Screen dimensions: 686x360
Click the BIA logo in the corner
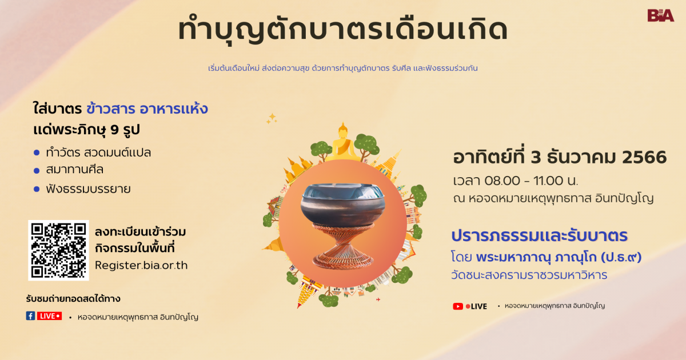tap(661, 15)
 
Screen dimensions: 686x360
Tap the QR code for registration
tap(58, 250)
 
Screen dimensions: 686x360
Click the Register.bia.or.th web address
tap(141, 265)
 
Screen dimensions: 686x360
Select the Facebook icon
tap(30, 316)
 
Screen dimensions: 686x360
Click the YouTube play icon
tap(458, 306)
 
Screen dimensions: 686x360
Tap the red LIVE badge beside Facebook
tap(49, 316)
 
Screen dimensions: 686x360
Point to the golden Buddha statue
tap(343, 142)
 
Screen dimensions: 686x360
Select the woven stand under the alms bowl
tap(343, 247)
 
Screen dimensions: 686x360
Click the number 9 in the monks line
tap(114, 130)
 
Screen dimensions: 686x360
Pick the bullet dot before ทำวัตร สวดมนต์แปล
tap(37, 153)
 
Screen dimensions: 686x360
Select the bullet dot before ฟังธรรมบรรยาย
tap(37, 189)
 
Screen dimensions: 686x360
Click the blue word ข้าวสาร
tap(110, 109)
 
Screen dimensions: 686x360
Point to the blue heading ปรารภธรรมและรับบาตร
tap(539, 235)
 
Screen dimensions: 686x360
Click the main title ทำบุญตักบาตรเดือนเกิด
tap(342, 29)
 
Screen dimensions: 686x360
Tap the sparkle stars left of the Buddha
tap(272, 118)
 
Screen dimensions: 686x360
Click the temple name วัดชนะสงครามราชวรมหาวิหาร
tap(529, 275)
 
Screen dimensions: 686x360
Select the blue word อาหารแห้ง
tap(174, 109)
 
